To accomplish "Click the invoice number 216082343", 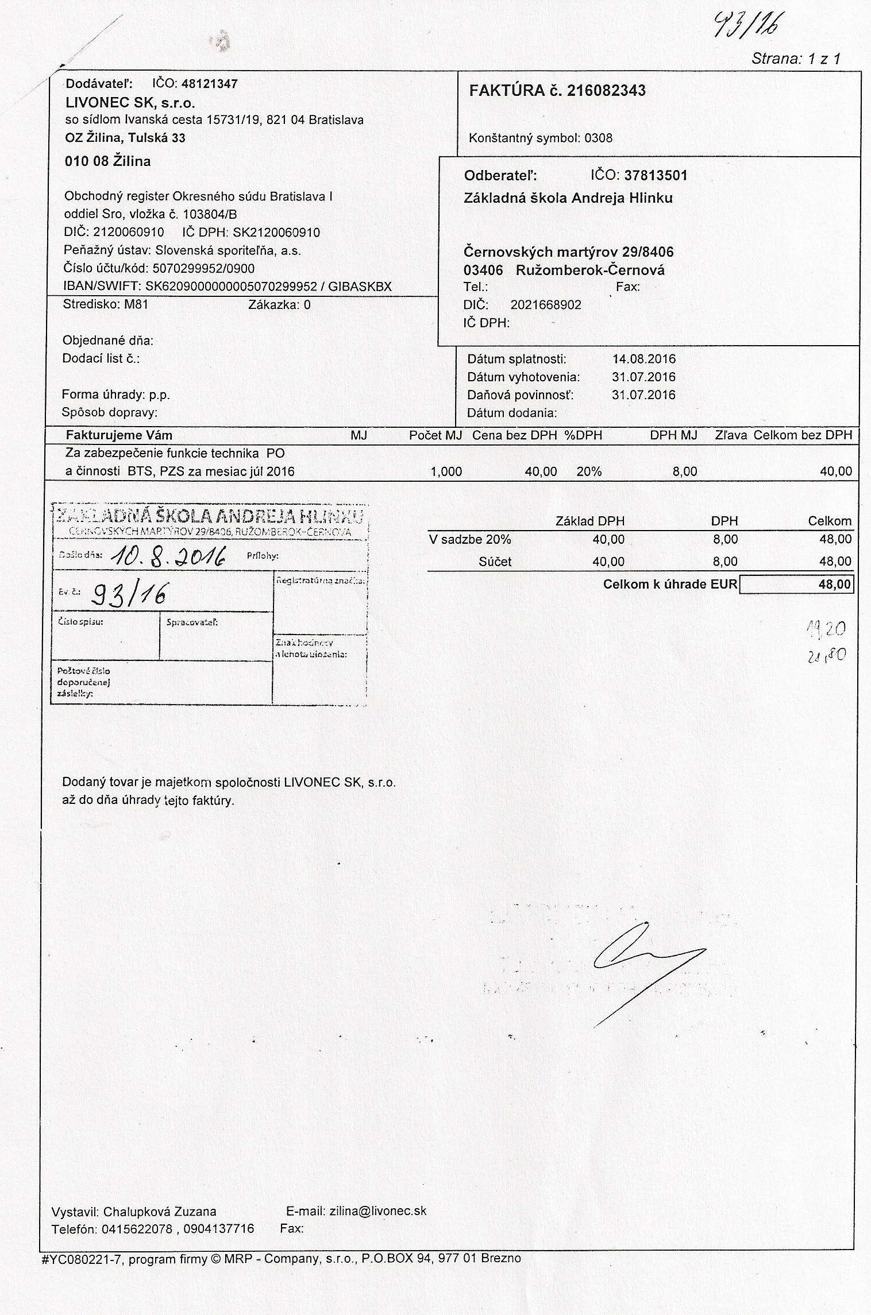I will (606, 91).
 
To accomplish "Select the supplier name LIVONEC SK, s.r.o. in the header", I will (130, 103).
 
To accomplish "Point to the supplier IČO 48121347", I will (209, 84).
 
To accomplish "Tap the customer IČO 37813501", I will (656, 175).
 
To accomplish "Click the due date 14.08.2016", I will (643, 359).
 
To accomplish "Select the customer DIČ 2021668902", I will (545, 305).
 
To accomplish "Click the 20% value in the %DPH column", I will (589, 471).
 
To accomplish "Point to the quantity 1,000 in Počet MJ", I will (446, 471).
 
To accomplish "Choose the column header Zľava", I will (731, 435).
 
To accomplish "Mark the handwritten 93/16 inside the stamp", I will (129, 596).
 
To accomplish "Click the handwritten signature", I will (643, 957).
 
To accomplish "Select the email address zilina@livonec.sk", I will (377, 1211).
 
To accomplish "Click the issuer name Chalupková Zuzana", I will (160, 1212).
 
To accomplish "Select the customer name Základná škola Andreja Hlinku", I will (568, 199).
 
